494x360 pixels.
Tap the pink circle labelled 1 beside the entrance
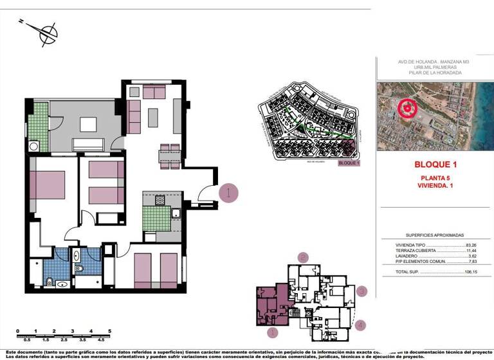tap(229, 192)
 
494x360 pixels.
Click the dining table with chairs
tap(170, 156)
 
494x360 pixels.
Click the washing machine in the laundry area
tap(33, 146)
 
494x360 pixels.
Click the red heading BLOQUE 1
tap(435, 165)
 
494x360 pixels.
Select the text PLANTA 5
tap(435, 178)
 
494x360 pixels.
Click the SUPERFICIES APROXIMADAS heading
tap(435, 235)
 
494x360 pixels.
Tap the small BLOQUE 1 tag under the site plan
tap(349, 163)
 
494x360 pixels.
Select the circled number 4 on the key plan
tap(361, 325)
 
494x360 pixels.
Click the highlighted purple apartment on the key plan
tap(270, 307)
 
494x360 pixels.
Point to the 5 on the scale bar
tap(110, 331)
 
